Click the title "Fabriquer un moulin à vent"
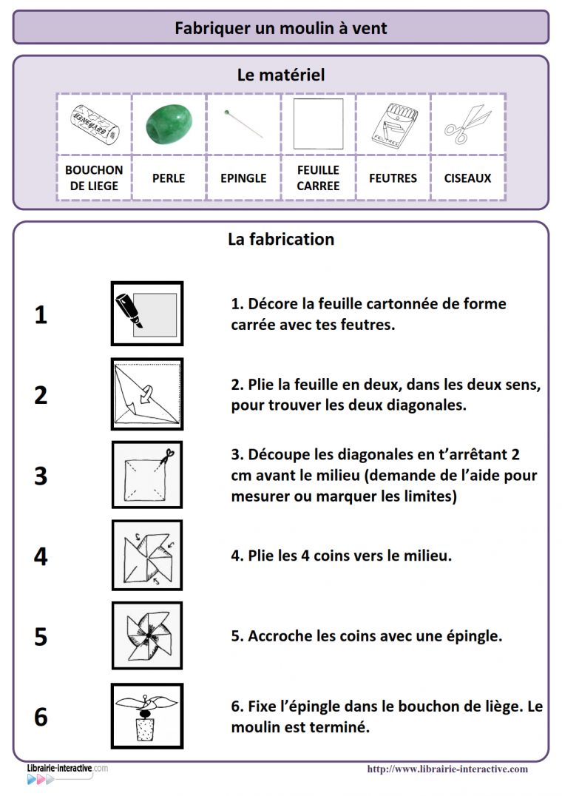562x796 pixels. point(281,28)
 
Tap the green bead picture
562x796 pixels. point(168,124)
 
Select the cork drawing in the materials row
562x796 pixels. point(94,124)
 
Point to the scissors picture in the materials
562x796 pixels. point(467,124)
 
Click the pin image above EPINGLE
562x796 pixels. point(243,124)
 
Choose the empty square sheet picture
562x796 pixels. point(318,124)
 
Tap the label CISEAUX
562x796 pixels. point(467,178)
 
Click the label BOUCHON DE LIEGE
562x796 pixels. point(94,178)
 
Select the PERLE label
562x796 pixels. point(169,178)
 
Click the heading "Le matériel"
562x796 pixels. point(281,75)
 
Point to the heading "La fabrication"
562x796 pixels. point(281,240)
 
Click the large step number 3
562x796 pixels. point(41,476)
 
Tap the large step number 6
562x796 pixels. point(41,717)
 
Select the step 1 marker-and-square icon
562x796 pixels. point(147,313)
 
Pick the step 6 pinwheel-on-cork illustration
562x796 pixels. point(147,715)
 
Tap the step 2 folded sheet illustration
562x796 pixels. point(147,394)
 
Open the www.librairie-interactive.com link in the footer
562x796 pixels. point(447,769)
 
